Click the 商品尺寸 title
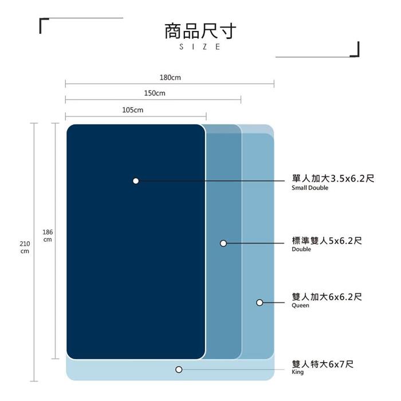pos(200,31)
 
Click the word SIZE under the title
pos(200,47)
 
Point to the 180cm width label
pos(170,77)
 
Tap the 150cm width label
pos(155,93)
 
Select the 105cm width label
pos(132,110)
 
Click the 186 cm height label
pos(48,236)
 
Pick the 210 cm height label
pos(25,247)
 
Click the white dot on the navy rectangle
pos(136,181)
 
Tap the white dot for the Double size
pos(223,243)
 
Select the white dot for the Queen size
pos(260,302)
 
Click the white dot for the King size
pos(179,369)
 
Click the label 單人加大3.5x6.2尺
pos(333,178)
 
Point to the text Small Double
pos(310,188)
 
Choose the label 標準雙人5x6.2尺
pos(327,241)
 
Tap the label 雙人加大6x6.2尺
pos(327,297)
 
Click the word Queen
pos(300,305)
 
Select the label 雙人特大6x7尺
pos(323,364)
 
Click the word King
pos(297,372)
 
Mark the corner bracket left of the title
pos(41,26)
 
